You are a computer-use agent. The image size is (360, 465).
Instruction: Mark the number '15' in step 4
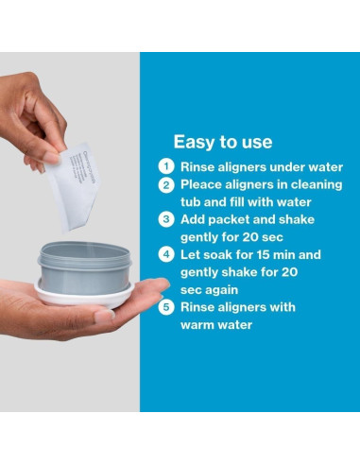pos(264,254)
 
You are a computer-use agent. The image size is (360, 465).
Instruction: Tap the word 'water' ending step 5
pos(236,325)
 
